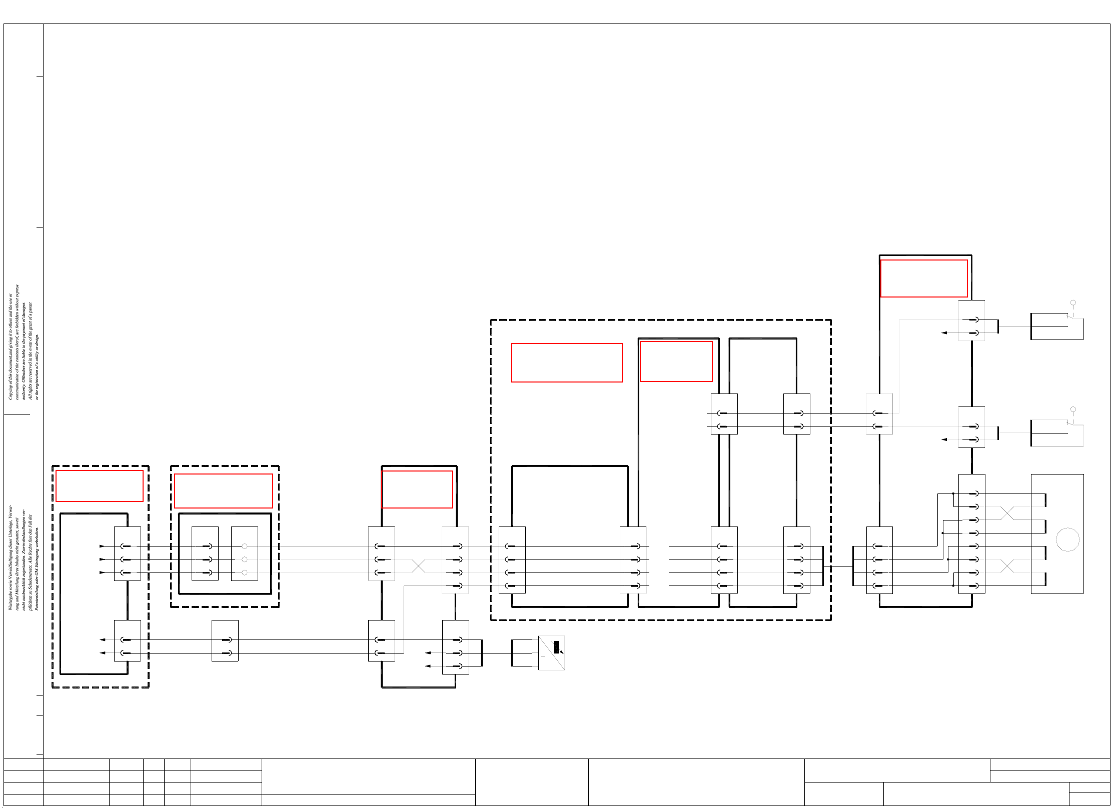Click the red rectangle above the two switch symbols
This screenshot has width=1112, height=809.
tap(923, 278)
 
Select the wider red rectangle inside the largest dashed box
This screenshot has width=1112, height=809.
tap(566, 362)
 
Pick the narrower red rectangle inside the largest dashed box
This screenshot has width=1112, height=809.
tap(676, 361)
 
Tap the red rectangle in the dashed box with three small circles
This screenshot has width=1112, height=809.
tap(223, 490)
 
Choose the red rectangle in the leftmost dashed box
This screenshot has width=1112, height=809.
tap(99, 485)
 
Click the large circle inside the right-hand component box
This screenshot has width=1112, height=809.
tap(1067, 539)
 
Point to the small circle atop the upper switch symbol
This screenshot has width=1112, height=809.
tap(1073, 303)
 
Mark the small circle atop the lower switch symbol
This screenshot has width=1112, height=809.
tap(1073, 409)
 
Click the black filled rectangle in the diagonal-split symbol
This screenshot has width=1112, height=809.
tap(556, 647)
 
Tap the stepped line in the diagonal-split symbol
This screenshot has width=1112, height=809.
tap(543, 655)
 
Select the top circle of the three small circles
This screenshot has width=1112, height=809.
tap(245, 546)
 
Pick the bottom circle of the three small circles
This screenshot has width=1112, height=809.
tap(245, 572)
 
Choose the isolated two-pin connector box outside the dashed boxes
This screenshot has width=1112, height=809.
tap(225, 640)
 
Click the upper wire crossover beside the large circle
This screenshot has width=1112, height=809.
tap(1007, 513)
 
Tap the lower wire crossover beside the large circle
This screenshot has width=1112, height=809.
tap(1007, 566)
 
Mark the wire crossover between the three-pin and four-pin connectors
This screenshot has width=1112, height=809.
tap(418, 566)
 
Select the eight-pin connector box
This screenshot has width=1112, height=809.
tap(971, 533)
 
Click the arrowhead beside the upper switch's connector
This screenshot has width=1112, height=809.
tap(944, 332)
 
